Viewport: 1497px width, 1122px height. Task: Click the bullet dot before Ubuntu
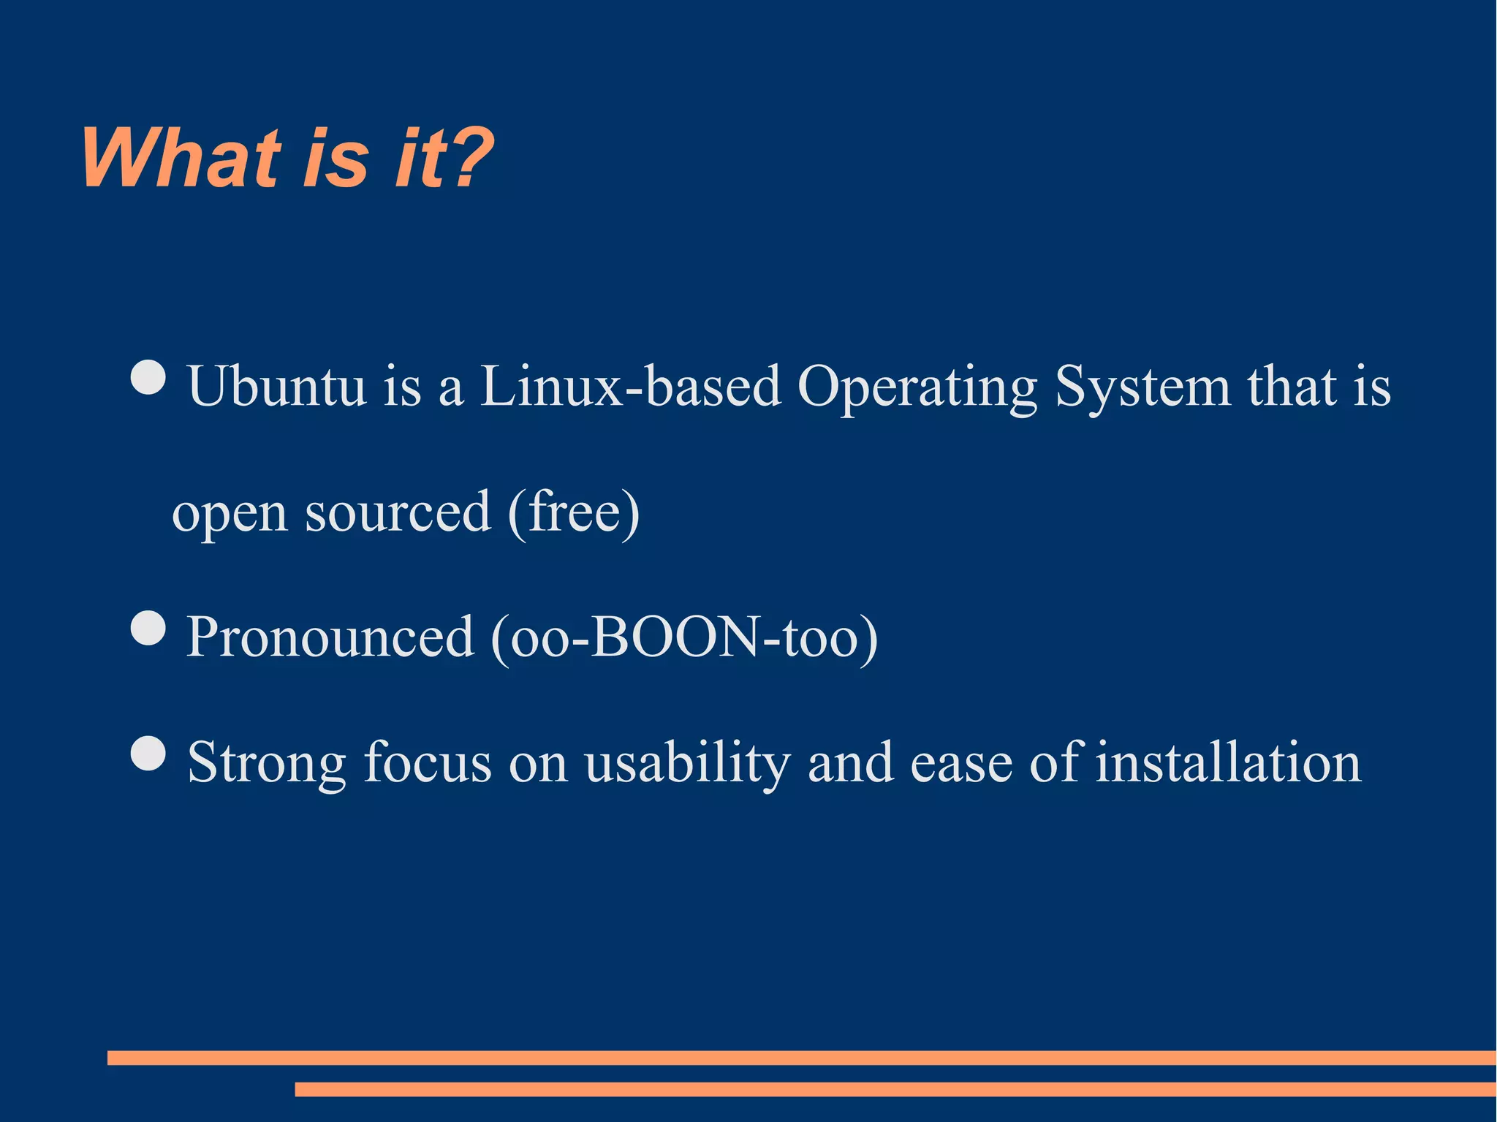click(x=149, y=378)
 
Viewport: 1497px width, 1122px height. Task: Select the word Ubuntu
click(x=276, y=386)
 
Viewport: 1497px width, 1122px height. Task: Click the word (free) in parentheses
click(x=574, y=512)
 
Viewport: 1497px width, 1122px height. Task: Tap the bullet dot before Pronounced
click(x=149, y=629)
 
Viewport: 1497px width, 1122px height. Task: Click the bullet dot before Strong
click(x=149, y=754)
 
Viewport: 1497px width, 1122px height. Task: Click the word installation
click(x=1228, y=762)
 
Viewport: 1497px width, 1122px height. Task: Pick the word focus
click(x=428, y=762)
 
